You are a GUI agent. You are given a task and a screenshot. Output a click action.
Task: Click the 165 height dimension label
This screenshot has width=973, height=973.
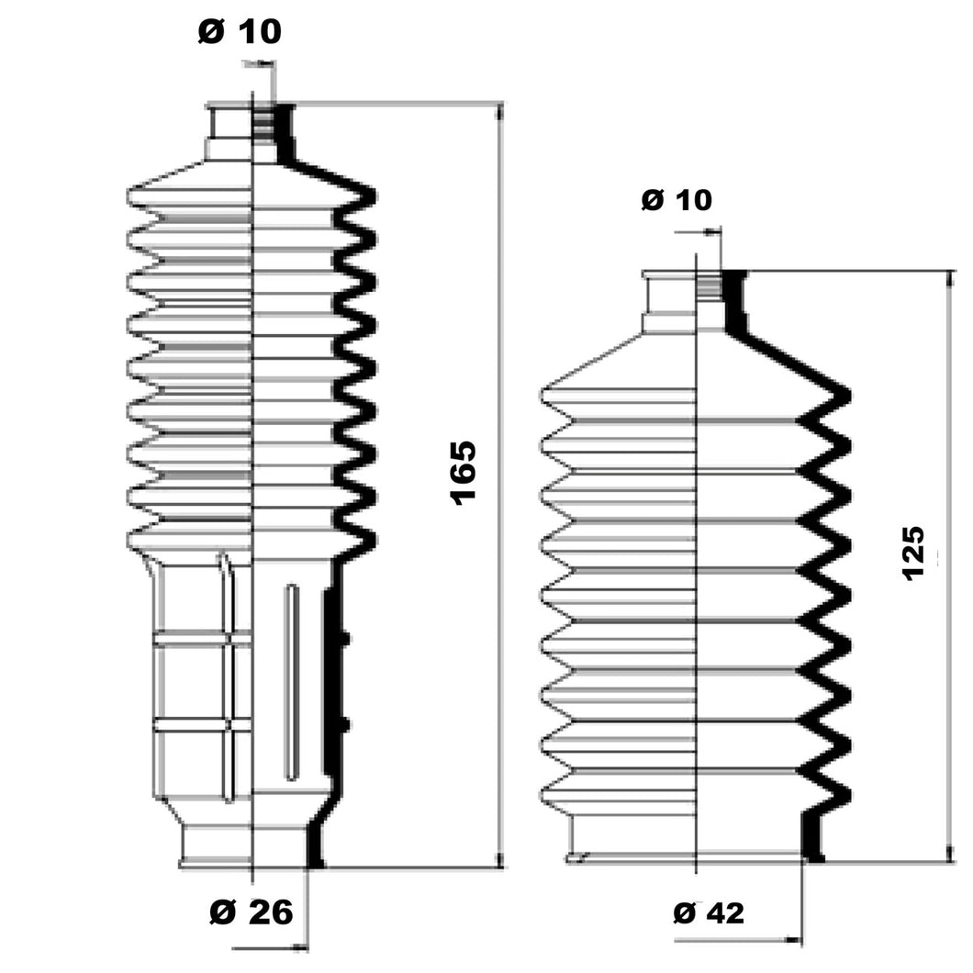tap(464, 473)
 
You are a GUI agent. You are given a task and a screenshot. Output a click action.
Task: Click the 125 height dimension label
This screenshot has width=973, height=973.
tap(913, 554)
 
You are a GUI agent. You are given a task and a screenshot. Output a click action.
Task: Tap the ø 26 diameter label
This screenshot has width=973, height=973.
tap(252, 911)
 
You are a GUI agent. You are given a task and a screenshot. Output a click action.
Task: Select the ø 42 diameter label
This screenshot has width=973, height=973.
tap(709, 912)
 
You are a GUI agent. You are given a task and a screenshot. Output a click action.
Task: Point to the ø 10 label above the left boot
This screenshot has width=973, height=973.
tap(240, 31)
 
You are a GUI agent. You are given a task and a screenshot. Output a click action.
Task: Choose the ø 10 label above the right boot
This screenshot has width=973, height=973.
tap(677, 200)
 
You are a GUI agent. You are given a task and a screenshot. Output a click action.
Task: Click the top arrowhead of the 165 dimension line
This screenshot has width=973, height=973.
tap(501, 112)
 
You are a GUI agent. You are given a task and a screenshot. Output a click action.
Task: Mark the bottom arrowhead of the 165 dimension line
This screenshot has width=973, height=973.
tap(501, 858)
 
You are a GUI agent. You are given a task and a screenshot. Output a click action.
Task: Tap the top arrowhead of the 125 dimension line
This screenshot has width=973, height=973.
tap(949, 281)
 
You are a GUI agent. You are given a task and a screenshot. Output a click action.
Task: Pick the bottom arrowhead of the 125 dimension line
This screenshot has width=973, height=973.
tap(949, 853)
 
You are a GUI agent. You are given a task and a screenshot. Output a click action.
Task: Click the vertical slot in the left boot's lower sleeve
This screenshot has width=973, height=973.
tap(291, 682)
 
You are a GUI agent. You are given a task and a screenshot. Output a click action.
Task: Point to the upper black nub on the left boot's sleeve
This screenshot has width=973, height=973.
tap(345, 638)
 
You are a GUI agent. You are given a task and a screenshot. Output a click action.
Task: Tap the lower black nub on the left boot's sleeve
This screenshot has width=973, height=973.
tap(345, 723)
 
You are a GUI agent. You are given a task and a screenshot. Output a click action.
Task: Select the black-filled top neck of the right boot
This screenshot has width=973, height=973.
tap(735, 302)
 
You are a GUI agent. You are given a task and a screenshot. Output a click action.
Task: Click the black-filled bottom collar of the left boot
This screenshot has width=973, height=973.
tap(315, 843)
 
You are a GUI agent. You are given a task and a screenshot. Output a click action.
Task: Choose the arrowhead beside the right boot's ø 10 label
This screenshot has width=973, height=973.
tap(713, 232)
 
